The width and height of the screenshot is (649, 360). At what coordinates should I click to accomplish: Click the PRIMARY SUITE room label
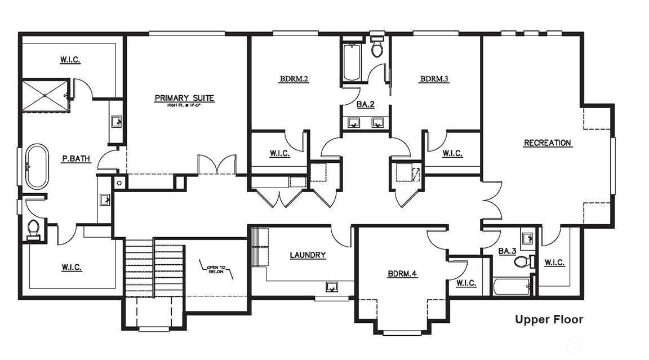184,99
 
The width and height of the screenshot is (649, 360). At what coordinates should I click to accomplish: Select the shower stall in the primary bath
45,96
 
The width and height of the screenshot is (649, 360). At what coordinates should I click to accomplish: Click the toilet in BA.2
377,48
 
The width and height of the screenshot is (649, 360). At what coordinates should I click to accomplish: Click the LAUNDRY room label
308,255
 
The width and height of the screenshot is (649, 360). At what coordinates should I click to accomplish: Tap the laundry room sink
332,287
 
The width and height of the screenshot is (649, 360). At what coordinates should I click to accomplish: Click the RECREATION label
547,143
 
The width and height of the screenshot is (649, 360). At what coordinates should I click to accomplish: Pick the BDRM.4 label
402,274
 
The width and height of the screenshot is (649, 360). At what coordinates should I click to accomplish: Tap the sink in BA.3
527,239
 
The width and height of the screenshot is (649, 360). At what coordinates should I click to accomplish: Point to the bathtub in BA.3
512,286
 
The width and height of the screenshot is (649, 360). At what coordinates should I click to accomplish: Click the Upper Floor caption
549,320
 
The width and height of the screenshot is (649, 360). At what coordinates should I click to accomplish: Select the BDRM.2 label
294,79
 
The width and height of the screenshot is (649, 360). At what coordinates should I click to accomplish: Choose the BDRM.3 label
434,79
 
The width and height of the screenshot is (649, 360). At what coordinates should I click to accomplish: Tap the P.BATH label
76,159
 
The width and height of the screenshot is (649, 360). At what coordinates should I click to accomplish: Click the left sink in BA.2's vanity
354,122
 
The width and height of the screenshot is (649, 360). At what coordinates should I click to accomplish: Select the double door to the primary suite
216,165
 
